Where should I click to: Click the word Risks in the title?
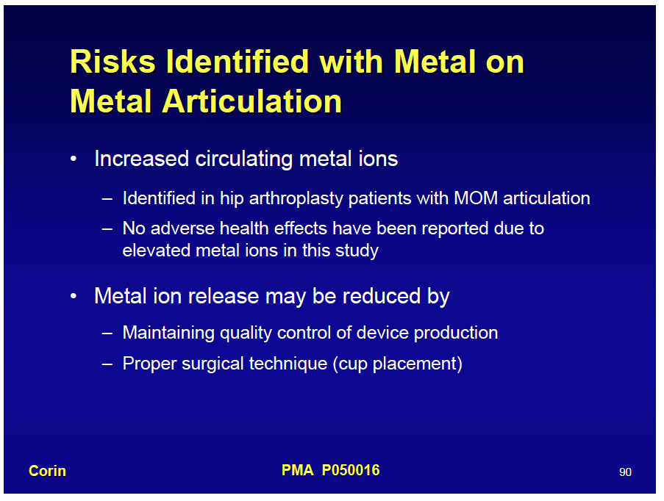pos(113,62)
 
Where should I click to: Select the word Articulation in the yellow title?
pos(252,101)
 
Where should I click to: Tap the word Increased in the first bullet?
pos(141,159)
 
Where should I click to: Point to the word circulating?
pos(244,159)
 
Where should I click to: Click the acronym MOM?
pos(476,198)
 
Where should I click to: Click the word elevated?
pos(157,250)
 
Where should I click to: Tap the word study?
pos(357,251)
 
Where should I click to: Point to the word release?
pos(224,296)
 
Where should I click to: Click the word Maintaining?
pos(168,333)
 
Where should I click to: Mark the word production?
pos(456,333)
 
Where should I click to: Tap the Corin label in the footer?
pos(47,471)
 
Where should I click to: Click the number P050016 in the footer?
pos(351,470)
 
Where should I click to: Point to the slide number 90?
pos(625,472)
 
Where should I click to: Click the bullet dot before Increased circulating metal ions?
pos(74,159)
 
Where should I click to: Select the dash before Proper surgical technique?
pos(107,364)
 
